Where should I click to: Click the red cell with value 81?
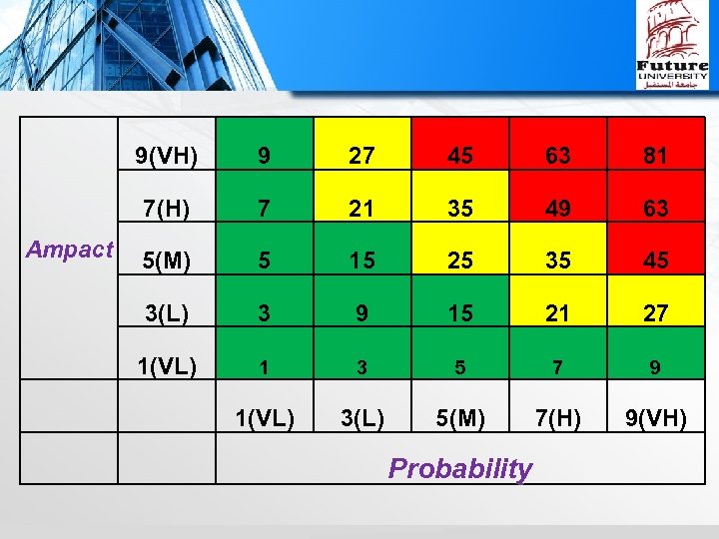(655, 156)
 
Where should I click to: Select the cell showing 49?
(557, 209)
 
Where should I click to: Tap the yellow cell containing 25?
(460, 262)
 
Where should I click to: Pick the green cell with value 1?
(265, 367)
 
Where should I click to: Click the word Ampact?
(70, 250)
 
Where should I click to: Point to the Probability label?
(460, 468)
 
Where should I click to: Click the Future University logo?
(673, 46)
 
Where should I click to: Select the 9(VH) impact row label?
(167, 156)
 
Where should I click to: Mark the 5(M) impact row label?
(167, 262)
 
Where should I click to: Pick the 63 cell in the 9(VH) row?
(557, 156)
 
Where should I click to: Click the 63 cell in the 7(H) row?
(655, 209)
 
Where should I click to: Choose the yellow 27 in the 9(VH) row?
(362, 156)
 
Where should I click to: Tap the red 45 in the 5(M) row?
(655, 262)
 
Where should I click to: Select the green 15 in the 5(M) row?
(362, 262)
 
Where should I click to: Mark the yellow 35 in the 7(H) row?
(460, 209)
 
